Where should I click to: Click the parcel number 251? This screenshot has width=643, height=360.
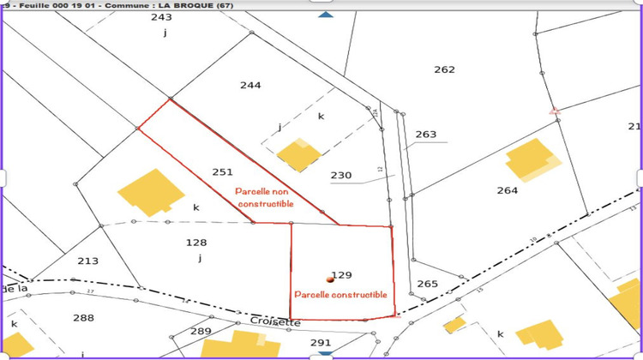click(221, 171)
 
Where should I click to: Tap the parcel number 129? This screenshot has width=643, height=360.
click(342, 275)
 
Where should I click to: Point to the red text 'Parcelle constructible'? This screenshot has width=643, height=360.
click(340, 294)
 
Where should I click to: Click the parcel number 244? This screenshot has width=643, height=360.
click(250, 85)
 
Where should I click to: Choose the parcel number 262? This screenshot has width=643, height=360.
click(444, 69)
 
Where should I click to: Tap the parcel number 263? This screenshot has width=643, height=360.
click(425, 135)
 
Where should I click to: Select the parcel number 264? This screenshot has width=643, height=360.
click(507, 190)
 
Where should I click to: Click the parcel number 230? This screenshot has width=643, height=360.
click(341, 176)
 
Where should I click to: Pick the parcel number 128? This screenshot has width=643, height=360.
click(196, 243)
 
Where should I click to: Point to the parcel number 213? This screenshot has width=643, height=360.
click(87, 261)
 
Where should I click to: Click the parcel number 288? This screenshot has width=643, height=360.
click(83, 318)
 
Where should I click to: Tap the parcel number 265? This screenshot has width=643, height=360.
click(427, 284)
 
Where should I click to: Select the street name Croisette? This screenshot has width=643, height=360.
click(276, 321)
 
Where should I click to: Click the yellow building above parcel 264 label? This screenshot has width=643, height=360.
click(532, 160)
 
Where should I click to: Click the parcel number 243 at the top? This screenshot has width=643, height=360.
click(161, 17)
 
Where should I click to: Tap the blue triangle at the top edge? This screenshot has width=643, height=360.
click(324, 15)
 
